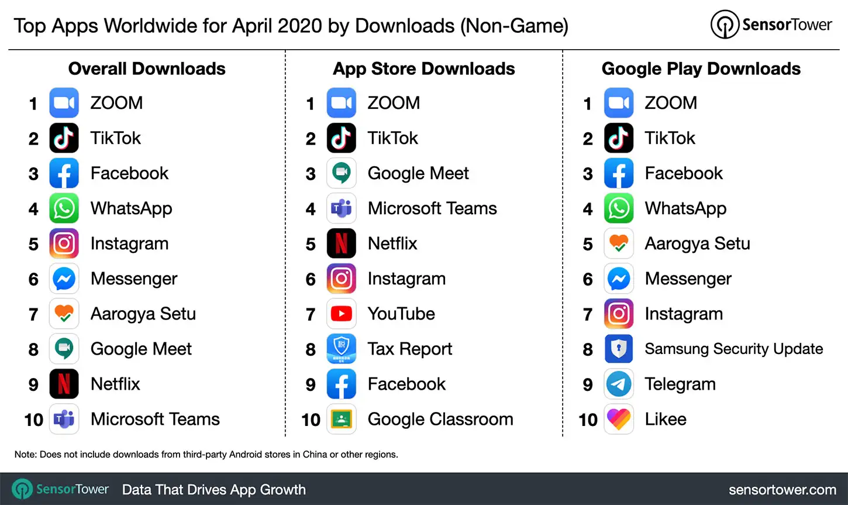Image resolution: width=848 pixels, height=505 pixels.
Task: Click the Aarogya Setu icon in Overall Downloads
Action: point(64,314)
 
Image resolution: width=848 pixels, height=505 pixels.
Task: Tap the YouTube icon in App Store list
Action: point(341,314)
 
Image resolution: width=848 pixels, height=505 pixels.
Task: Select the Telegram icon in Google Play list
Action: point(618,384)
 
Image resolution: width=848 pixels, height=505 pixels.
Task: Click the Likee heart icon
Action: point(618,420)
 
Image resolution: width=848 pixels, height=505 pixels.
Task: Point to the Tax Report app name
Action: point(409,349)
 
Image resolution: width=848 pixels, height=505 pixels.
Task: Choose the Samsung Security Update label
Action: point(733,349)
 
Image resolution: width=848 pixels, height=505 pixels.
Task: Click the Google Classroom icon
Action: point(341,420)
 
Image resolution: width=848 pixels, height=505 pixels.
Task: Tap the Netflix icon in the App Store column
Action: point(341,244)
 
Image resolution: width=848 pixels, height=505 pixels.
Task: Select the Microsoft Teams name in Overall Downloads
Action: point(155,420)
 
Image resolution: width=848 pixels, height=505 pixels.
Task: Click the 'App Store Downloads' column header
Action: point(423,69)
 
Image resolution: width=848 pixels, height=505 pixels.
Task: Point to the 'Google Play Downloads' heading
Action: point(701,69)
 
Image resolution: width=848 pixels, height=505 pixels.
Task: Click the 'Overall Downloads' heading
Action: point(147,69)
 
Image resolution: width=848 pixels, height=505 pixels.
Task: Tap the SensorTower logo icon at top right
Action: point(725,25)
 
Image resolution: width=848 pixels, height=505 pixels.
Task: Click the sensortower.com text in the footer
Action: point(782,490)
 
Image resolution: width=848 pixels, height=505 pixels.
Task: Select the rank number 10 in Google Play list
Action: point(588,420)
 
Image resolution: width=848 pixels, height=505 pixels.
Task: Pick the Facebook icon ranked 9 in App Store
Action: point(341,384)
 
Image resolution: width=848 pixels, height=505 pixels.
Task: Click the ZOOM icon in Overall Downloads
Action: point(64,104)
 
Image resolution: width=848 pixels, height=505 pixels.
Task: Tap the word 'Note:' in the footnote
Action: point(25,455)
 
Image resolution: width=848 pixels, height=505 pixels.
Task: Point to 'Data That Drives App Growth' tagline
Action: point(213,490)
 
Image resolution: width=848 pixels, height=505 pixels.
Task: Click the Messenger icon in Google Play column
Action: point(618,279)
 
